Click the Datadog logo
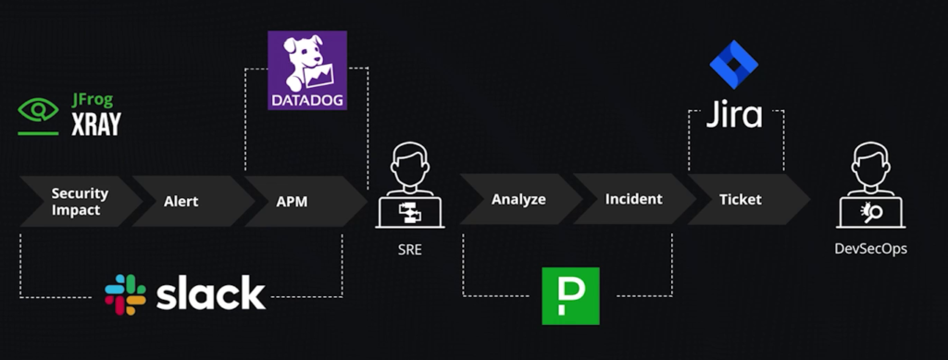point(307,70)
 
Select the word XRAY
point(96,124)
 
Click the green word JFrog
point(94,101)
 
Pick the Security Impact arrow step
point(79,200)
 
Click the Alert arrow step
point(182,200)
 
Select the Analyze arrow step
point(518,199)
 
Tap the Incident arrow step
point(633,199)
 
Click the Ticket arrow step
point(741,199)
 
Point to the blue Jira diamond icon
point(733,64)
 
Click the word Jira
point(734,115)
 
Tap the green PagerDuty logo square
point(570,296)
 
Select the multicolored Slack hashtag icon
point(125,294)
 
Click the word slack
point(210,293)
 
